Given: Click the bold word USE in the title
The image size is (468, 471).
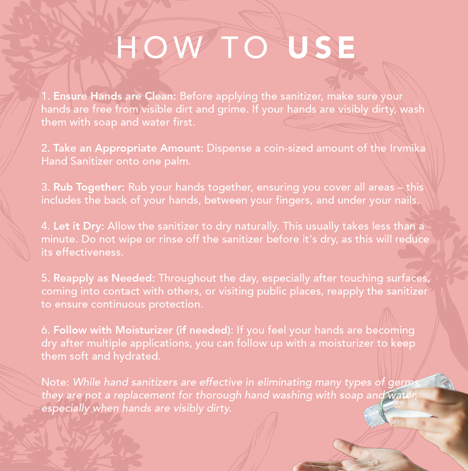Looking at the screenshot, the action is pyautogui.click(x=322, y=48).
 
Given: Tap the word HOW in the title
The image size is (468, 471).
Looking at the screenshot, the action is pyautogui.click(x=159, y=48).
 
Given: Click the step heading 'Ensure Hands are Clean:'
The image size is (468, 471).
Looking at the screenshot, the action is pyautogui.click(x=115, y=96).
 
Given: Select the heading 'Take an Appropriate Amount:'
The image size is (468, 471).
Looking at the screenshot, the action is pyautogui.click(x=128, y=148).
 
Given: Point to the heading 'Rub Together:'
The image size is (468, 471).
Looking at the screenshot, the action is pyautogui.click(x=89, y=187).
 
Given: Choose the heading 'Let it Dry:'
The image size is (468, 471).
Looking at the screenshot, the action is pyautogui.click(x=79, y=226).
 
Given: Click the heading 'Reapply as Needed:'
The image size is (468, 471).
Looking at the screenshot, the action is pyautogui.click(x=104, y=278).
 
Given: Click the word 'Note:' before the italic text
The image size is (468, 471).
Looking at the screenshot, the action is pyautogui.click(x=55, y=382).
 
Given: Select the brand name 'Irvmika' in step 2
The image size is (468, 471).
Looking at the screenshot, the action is pyautogui.click(x=408, y=148).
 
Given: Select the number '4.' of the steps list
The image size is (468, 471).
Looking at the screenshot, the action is pyautogui.click(x=45, y=226).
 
